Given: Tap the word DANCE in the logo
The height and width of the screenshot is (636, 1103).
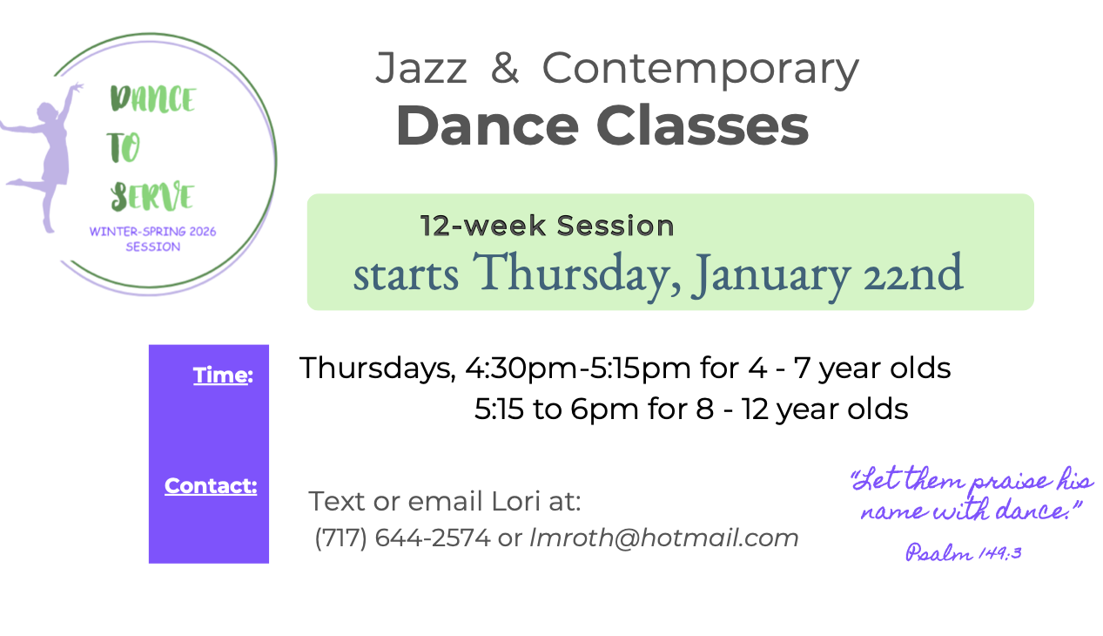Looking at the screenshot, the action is (x=153, y=98).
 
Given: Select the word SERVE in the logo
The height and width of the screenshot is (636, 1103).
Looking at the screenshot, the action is (x=152, y=196).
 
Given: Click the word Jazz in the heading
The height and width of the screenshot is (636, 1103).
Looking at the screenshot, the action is (x=421, y=69).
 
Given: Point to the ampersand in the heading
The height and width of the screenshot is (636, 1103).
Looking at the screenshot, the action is (x=505, y=67).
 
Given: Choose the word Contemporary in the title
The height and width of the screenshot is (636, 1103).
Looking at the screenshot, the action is (x=700, y=70).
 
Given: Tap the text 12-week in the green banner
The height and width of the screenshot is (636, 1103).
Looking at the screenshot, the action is (x=483, y=226).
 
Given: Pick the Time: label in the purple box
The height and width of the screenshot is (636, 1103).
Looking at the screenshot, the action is (x=223, y=375).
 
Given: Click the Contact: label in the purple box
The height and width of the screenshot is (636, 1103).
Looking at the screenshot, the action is (x=211, y=486).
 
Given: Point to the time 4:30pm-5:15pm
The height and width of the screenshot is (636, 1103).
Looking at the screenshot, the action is (x=578, y=368).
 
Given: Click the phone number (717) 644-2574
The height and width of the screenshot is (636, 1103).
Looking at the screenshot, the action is (x=402, y=537).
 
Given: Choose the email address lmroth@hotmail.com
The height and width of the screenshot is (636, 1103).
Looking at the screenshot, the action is (x=663, y=537).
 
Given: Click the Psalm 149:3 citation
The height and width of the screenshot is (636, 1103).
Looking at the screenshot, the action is (x=964, y=552).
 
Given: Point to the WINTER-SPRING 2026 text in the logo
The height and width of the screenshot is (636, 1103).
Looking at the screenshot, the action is (x=152, y=231).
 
